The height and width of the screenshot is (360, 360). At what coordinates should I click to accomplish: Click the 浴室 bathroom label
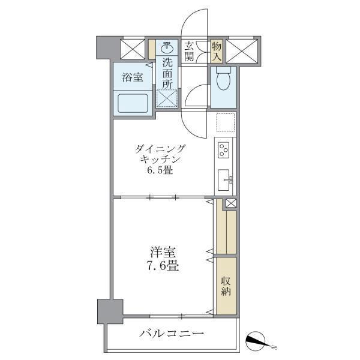132,77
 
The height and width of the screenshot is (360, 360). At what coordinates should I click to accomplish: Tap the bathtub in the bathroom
133,103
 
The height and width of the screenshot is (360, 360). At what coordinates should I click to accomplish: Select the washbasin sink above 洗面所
167,48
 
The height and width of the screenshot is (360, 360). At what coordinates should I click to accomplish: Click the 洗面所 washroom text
167,72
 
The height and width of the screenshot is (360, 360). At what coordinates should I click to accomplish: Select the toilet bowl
223,79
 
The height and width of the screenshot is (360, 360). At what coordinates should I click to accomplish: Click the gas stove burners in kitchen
225,148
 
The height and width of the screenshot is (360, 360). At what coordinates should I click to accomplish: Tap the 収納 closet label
226,286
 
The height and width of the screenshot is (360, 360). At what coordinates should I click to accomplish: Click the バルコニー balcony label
172,334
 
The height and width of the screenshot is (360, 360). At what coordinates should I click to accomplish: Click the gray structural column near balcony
110,311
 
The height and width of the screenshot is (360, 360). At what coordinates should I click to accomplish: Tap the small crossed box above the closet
230,203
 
